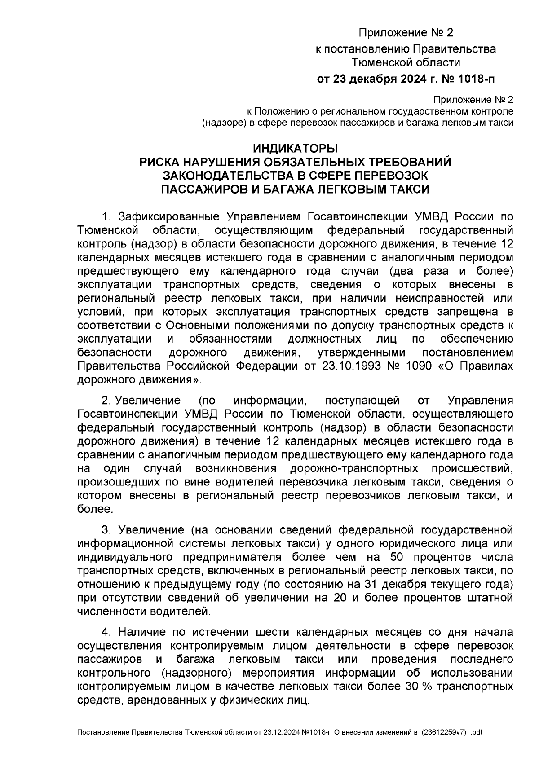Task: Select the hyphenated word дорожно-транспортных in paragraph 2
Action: point(354,468)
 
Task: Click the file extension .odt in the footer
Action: point(477,732)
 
